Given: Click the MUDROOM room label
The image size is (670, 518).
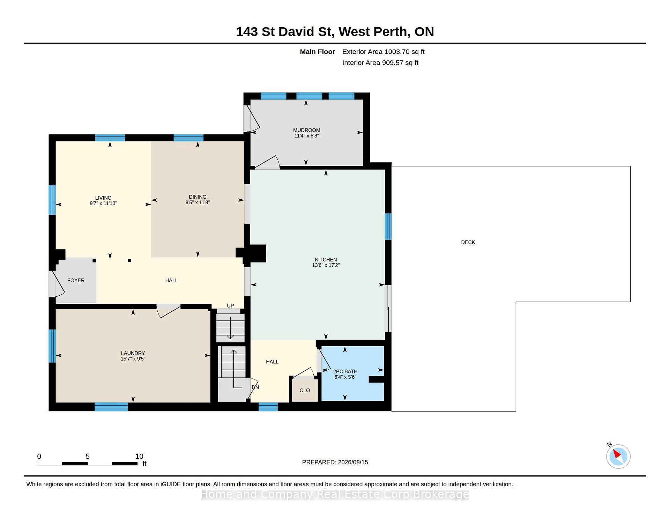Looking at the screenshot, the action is tap(306, 130).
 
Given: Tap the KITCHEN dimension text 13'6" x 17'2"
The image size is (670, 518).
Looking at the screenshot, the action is tap(326, 265).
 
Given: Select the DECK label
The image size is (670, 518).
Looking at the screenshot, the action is tap(468, 242).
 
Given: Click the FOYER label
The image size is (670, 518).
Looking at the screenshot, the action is tap(76, 280).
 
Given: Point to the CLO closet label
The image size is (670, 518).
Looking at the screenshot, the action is tap(305, 390).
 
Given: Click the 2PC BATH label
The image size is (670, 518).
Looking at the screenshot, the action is tap(345, 371).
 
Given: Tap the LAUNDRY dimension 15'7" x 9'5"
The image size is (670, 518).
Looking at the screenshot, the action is tap(133, 359).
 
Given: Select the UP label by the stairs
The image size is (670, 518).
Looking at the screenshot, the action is tap(230, 305).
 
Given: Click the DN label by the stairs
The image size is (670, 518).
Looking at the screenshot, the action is tap(255, 387).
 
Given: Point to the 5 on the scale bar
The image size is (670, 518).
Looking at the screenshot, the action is tap(88, 456).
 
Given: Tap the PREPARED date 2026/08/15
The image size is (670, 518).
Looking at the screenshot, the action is tap(353, 462).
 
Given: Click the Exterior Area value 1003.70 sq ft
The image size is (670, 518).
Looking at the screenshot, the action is tap(404, 52).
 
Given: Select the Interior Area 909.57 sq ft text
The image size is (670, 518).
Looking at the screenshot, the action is tap(380, 63).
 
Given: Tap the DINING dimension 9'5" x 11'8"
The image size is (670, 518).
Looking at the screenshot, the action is tap(198, 202).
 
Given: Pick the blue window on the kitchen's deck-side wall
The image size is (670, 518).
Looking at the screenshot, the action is tap(388, 227).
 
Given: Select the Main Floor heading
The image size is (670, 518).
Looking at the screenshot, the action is tap(318, 52).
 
